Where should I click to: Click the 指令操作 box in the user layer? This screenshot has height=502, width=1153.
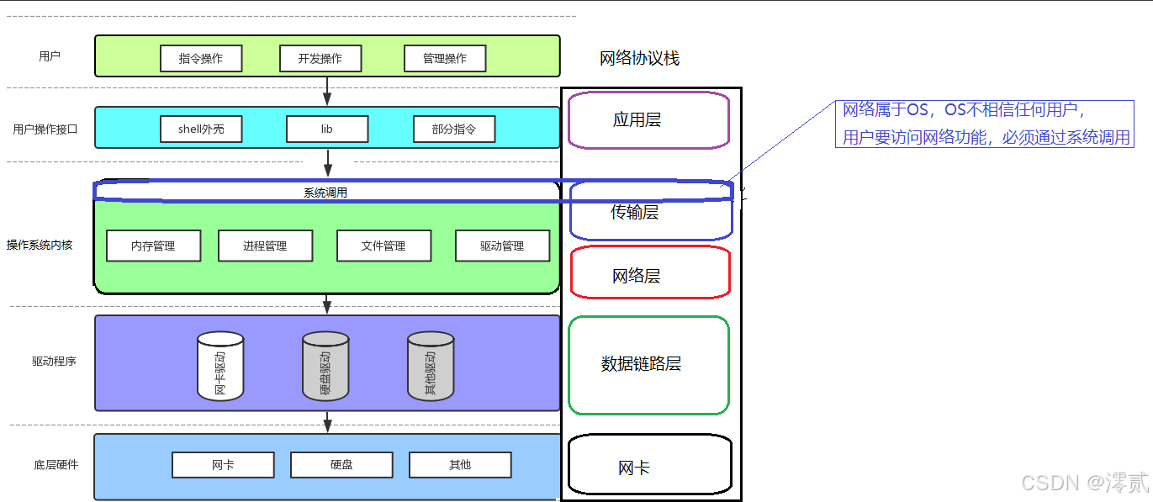coord(201,58)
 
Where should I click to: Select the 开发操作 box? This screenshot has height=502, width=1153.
coord(320,58)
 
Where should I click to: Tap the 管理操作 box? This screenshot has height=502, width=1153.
coord(445,58)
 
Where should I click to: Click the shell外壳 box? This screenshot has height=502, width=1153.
coord(201,129)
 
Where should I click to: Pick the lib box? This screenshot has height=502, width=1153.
coord(327,129)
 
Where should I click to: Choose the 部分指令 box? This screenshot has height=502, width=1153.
coord(454,129)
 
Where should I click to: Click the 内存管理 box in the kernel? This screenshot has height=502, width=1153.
coord(153,246)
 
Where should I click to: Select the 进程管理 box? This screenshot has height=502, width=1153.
coord(265,246)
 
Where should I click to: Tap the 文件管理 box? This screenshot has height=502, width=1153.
coord(383,246)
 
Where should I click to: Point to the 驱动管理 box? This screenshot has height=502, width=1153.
coord(502,246)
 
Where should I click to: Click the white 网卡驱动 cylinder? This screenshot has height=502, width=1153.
coord(220,367)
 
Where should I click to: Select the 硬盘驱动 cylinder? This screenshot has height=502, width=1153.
coord(325,367)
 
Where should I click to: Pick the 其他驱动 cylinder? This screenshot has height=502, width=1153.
coord(431,367)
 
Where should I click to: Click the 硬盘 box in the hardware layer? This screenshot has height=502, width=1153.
coord(341,464)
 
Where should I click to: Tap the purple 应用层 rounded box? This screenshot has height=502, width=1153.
coord(648,120)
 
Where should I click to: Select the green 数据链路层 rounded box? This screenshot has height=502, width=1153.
coord(648,365)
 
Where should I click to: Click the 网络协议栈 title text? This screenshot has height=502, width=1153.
coord(639,58)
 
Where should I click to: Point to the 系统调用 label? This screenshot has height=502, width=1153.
coord(325,193)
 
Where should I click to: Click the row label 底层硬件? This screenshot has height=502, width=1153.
coord(56,464)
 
